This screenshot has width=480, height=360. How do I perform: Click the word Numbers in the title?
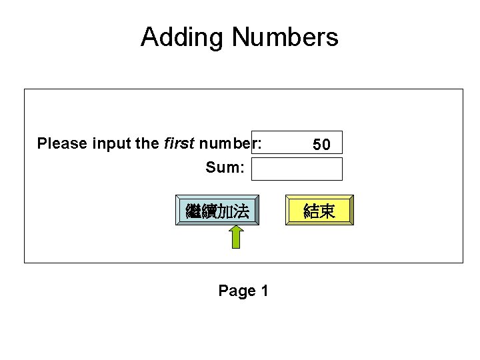(x=285, y=37)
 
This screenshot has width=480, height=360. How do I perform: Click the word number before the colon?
(x=223, y=143)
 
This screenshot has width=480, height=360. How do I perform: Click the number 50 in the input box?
(x=321, y=144)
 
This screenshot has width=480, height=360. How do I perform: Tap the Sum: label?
(x=225, y=167)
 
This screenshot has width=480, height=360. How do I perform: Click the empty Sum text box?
(x=297, y=169)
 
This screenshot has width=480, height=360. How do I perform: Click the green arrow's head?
(x=236, y=230)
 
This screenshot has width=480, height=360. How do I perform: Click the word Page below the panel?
(x=237, y=291)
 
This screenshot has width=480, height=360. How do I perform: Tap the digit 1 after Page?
(x=265, y=291)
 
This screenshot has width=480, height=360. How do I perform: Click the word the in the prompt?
(x=146, y=143)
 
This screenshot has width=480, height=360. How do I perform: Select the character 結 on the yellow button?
(x=311, y=212)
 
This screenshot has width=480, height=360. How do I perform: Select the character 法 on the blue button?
(x=241, y=212)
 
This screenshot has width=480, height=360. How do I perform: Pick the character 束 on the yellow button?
(x=327, y=212)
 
